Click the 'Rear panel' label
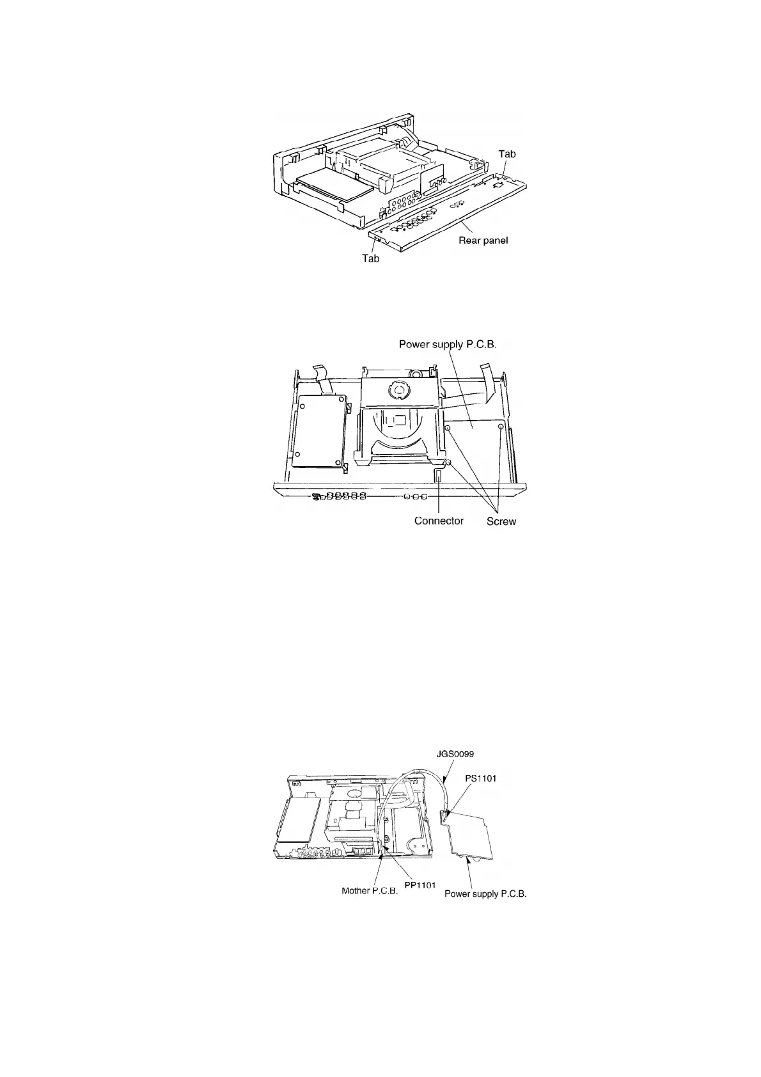click(x=483, y=240)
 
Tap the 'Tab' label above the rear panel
click(x=507, y=154)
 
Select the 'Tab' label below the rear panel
click(x=371, y=258)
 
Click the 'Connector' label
click(x=439, y=521)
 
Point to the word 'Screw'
click(x=501, y=521)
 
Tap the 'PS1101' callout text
click(x=480, y=778)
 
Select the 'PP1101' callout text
click(x=420, y=885)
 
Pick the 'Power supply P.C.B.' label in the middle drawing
click(x=448, y=344)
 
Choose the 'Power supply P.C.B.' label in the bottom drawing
click(x=485, y=894)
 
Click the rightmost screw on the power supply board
click(x=501, y=427)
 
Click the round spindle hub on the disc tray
click(x=398, y=389)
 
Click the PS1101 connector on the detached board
click(x=445, y=814)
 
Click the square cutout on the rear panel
click(x=498, y=185)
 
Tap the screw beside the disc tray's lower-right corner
click(x=449, y=462)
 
